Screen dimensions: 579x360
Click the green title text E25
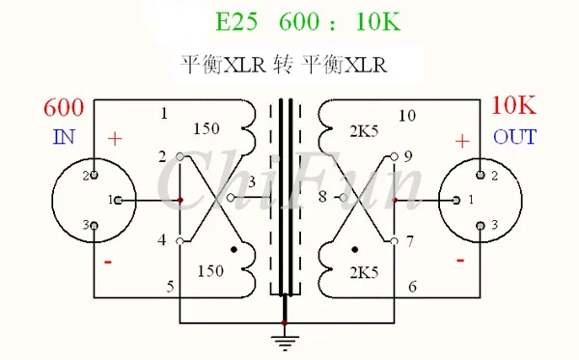236,21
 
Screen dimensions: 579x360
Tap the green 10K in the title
377,21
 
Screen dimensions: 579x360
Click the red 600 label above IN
64,107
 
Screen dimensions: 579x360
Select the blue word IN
65,137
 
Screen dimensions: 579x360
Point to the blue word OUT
514,137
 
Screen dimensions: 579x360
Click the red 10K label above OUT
513,105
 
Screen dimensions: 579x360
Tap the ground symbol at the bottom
285,343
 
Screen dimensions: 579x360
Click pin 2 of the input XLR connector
95,175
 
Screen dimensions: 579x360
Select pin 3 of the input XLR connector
95,225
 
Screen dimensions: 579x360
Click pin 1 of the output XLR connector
456,200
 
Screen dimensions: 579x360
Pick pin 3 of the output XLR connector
481,225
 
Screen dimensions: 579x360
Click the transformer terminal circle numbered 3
231,198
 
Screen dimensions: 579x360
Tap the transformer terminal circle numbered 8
343,198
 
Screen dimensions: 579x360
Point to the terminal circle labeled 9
394,157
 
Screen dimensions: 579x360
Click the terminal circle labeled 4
179,241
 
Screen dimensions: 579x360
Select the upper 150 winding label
207,128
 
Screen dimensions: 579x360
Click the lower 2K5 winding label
364,272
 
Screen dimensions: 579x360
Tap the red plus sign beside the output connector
462,142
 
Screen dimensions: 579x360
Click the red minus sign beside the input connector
108,263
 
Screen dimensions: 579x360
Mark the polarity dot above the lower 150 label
234,250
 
